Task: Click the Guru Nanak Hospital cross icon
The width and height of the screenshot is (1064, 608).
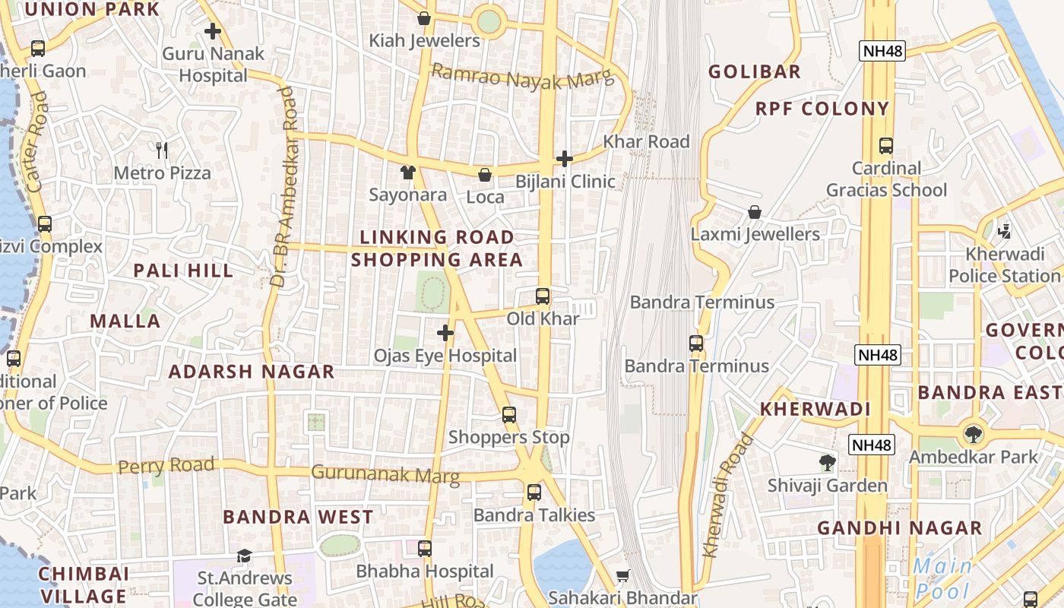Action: (x=213, y=32)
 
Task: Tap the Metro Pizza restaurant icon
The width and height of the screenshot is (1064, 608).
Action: (x=162, y=150)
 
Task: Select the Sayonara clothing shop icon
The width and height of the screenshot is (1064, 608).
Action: (x=408, y=173)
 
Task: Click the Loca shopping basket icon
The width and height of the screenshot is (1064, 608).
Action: (x=485, y=175)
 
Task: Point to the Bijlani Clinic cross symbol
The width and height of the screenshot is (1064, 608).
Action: (x=565, y=159)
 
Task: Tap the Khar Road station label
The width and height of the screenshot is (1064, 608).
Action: (x=646, y=141)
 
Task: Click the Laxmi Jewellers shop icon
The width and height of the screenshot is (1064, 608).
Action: (x=755, y=212)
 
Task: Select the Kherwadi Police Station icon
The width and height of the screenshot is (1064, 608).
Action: (x=1005, y=230)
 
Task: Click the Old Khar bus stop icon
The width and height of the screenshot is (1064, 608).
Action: (x=543, y=296)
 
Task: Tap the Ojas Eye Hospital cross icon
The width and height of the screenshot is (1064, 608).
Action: (x=445, y=333)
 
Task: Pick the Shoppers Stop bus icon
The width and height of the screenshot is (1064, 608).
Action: (x=509, y=415)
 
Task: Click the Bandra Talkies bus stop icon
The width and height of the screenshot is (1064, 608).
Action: (x=534, y=492)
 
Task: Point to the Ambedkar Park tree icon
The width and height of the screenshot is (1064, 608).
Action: (x=973, y=435)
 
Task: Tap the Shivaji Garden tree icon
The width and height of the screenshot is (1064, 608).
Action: (x=828, y=462)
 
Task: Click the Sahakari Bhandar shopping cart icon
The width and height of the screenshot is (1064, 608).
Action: (x=623, y=576)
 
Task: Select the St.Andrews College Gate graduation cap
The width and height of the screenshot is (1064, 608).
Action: (x=244, y=556)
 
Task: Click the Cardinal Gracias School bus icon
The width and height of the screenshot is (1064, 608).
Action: (x=886, y=146)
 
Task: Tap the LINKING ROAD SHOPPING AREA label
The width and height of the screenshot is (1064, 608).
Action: (x=437, y=249)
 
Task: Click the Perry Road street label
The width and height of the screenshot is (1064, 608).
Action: (x=166, y=464)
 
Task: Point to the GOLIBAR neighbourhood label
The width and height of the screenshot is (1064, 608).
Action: (x=755, y=72)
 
